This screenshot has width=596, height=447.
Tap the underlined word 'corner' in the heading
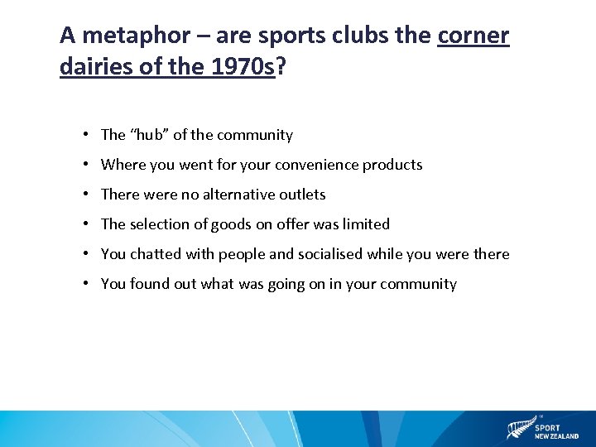473,36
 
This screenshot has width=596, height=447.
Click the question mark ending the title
281,66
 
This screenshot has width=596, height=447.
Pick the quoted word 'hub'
148,135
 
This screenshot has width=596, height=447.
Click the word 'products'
392,165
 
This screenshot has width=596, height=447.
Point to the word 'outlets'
303,195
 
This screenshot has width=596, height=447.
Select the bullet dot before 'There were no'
86,195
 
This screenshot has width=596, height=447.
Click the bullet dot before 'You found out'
86,284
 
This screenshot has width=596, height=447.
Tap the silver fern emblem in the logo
518,430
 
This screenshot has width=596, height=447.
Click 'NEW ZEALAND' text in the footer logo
556,436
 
